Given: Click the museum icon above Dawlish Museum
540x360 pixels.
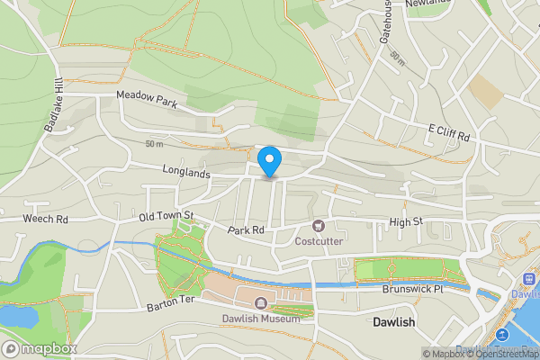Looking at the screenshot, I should (x=261, y=303).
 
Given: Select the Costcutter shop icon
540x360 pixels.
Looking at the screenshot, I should (x=318, y=226).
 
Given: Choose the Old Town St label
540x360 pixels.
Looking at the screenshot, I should (x=166, y=215).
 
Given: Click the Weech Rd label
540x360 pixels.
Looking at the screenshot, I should (x=46, y=219).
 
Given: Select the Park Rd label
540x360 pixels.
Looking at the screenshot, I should (x=246, y=230).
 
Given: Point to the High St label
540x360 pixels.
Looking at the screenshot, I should (x=406, y=221).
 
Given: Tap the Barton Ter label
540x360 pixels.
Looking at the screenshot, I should (x=170, y=307).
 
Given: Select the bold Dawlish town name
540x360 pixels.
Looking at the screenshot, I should (x=394, y=321).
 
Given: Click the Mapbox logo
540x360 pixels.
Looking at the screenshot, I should (x=40, y=348).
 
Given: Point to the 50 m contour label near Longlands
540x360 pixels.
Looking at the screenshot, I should (x=154, y=144).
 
